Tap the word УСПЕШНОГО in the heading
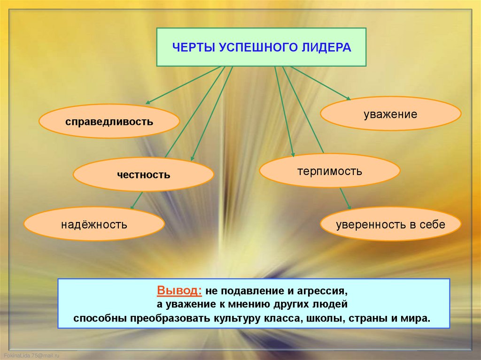[258, 47]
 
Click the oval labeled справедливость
[109, 121]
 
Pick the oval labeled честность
[143, 175]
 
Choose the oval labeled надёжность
[94, 224]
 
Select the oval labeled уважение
[390, 114]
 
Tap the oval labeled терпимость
[329, 171]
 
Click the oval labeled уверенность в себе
[390, 224]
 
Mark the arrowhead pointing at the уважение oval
[348, 98]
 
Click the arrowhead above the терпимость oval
[292, 154]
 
